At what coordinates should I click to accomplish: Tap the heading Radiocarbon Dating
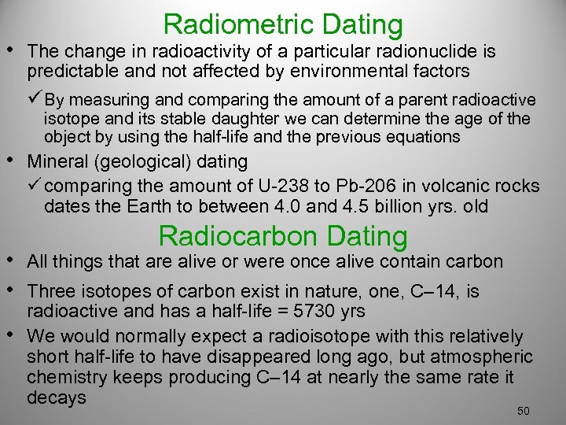(283, 235)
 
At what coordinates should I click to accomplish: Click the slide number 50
(524, 412)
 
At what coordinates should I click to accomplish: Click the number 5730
(301, 311)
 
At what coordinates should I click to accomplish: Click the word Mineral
(56, 162)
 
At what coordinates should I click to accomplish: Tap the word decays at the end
(56, 397)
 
